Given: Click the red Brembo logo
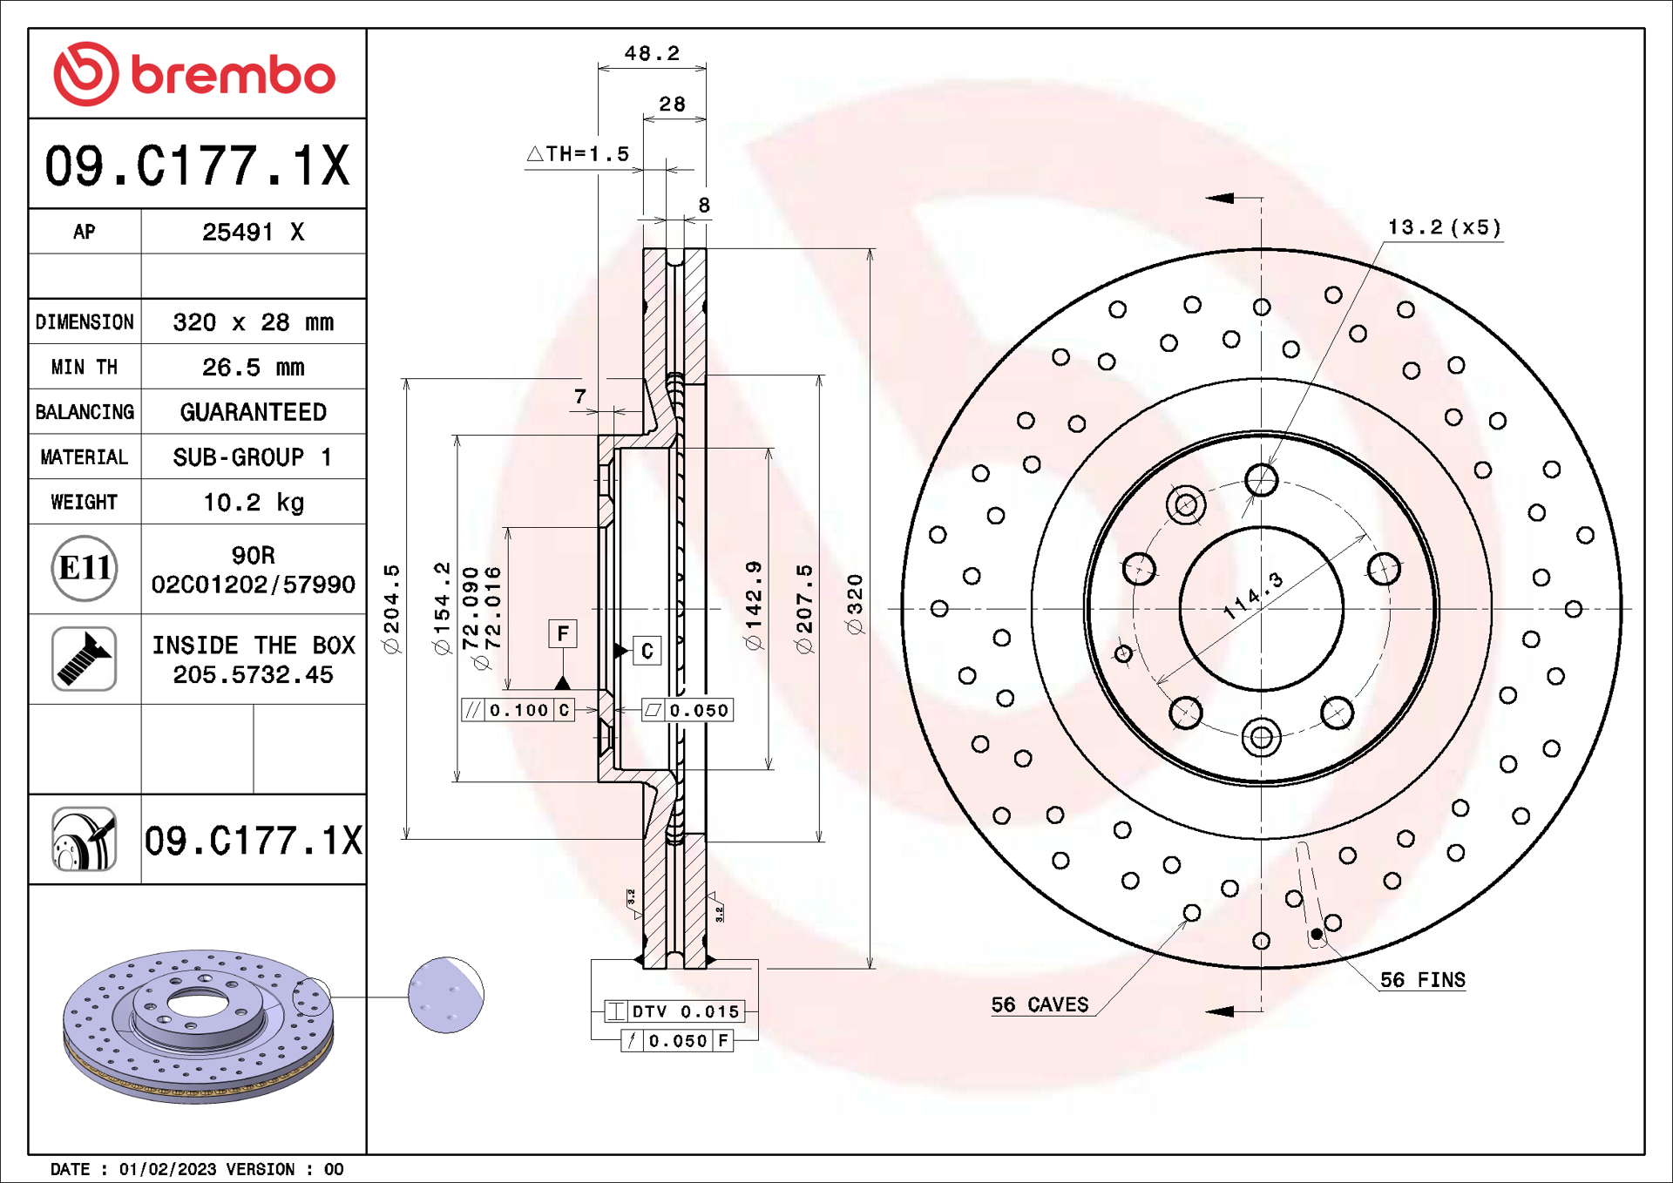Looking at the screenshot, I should point(193,74).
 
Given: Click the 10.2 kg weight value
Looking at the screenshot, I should point(253,503).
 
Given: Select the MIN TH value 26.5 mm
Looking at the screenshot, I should point(253,368).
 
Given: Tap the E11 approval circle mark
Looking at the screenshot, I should point(85,569).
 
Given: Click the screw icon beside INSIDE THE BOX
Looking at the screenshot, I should point(85,659).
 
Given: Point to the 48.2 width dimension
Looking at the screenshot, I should point(652,54).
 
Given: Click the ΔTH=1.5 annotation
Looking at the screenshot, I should point(579,154).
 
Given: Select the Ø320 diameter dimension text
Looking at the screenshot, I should point(855,604).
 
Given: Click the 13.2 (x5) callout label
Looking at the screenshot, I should point(1444,227).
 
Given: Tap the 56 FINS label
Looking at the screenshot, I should point(1422,980).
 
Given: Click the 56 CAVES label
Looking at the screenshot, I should point(1040,1004).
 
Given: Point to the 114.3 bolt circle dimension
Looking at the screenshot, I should point(1253,596).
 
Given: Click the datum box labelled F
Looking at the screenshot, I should point(563,633).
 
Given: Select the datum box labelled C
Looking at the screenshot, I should point(647,651).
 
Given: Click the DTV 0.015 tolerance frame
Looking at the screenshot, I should point(675,1011).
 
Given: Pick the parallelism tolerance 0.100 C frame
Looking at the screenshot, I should point(518,710).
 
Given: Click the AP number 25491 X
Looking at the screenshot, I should point(253,233).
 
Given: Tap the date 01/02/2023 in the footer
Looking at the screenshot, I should point(167,1169).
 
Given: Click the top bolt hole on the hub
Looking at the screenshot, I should point(1261,479).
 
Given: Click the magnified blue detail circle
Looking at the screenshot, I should point(445,995).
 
